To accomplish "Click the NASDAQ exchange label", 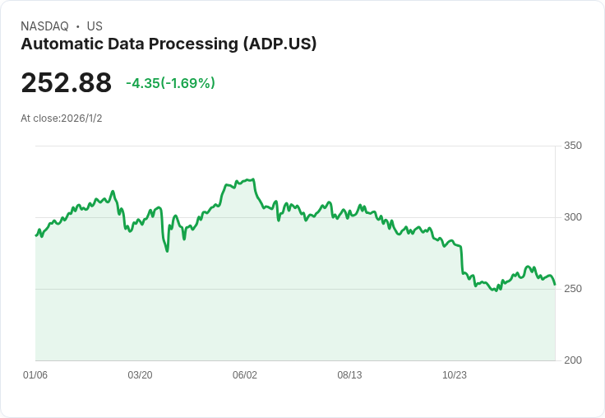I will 45,26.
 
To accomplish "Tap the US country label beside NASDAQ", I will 94,26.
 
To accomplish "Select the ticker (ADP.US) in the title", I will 279,44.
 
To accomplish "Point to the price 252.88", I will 66,83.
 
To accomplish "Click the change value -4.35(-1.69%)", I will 170,83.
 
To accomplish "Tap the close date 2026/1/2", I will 81,118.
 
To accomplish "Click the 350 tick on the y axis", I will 572,146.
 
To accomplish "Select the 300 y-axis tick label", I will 572,217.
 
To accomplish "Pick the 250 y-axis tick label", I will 572,289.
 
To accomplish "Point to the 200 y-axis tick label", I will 572,360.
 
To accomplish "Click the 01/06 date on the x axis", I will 35,375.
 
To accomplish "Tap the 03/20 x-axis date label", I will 140,375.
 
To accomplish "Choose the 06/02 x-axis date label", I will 245,375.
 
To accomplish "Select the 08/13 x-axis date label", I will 349,375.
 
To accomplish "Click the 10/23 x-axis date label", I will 455,375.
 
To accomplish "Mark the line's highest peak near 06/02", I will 252,179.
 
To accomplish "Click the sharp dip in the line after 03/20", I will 167,251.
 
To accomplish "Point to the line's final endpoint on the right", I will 555,285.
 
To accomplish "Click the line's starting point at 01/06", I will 35,236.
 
